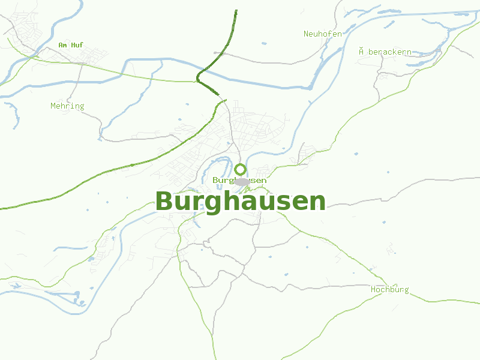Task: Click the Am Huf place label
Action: [x=71, y=45]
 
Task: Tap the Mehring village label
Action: [x=67, y=106]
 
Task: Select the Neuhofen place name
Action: [x=323, y=34]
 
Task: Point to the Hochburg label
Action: [x=389, y=290]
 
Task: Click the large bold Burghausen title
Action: [x=240, y=201]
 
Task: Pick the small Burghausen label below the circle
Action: [x=239, y=180]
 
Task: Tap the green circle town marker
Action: [x=240, y=169]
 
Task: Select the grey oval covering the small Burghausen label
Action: [x=242, y=181]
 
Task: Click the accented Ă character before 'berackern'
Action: [x=362, y=52]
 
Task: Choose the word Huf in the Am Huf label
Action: [x=77, y=45]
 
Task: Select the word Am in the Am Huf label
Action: [x=62, y=45]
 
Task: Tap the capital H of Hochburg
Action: [x=373, y=290]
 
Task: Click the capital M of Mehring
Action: [x=53, y=106]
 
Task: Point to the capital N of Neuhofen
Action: [x=306, y=34]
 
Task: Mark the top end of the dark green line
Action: [x=236, y=10]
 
